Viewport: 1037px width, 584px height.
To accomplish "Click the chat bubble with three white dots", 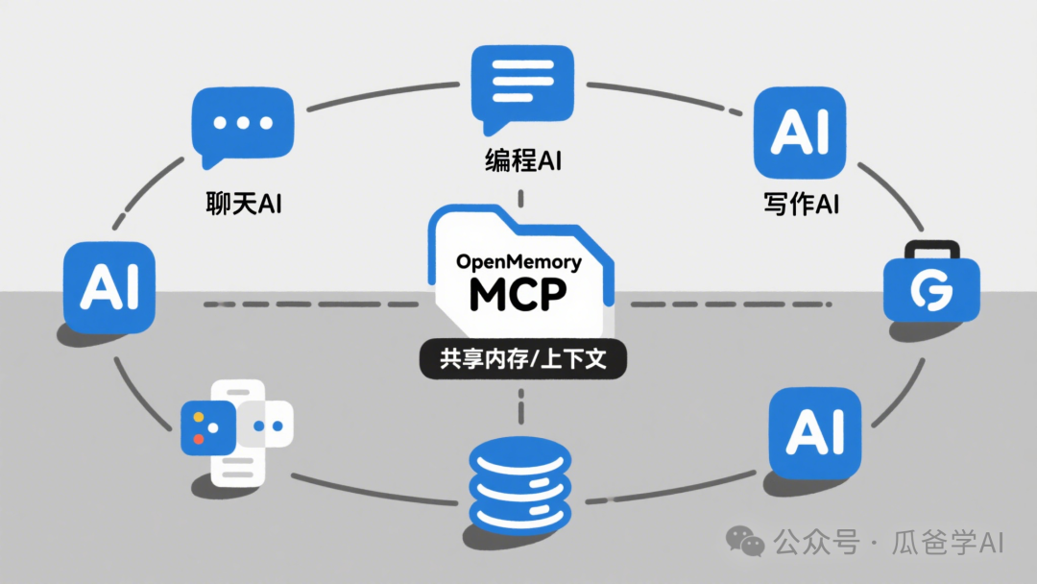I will click(239, 127).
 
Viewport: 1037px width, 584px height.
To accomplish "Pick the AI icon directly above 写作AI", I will click(800, 134).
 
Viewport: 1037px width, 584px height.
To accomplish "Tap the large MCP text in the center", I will click(518, 295).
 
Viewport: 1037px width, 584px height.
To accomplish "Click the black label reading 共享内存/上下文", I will click(519, 360).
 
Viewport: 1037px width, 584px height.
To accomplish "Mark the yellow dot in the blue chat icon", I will click(198, 418).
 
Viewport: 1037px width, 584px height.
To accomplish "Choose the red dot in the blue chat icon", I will click(199, 439).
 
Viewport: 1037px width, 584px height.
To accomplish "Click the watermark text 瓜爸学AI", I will click(950, 542).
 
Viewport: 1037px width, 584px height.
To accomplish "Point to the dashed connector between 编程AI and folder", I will click(520, 197).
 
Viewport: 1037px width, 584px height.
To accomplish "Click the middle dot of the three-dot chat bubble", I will click(239, 124).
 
